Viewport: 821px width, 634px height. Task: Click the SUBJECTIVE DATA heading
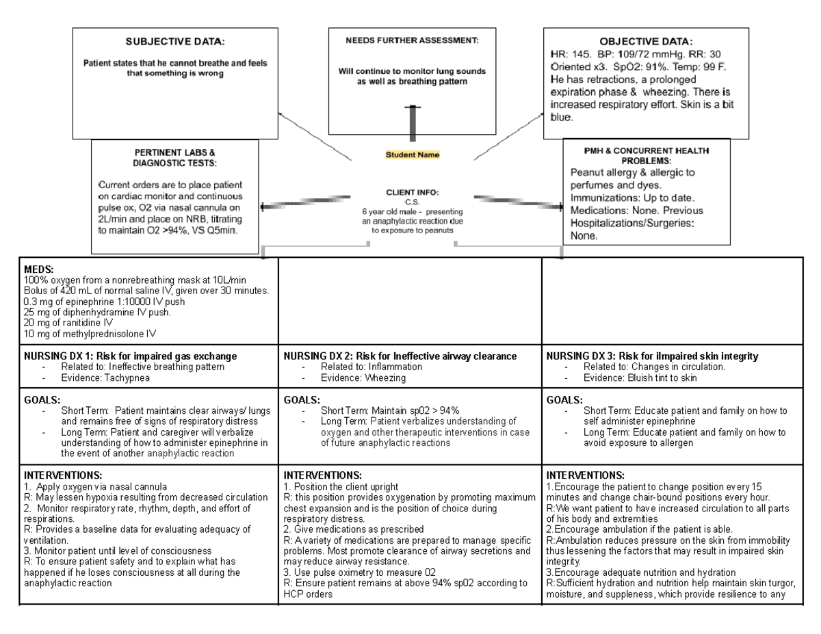tap(175, 42)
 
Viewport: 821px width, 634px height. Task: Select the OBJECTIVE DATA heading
tap(646, 41)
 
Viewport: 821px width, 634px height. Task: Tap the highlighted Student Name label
tap(413, 155)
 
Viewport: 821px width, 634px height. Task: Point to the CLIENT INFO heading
tap(412, 194)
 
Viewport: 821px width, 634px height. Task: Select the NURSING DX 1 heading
tap(130, 356)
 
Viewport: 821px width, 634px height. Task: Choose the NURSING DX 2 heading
tap(400, 356)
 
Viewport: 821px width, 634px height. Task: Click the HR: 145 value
tap(571, 54)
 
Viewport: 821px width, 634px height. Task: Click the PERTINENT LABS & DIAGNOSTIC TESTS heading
tap(175, 157)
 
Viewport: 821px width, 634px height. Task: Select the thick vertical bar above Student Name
tap(413, 123)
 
